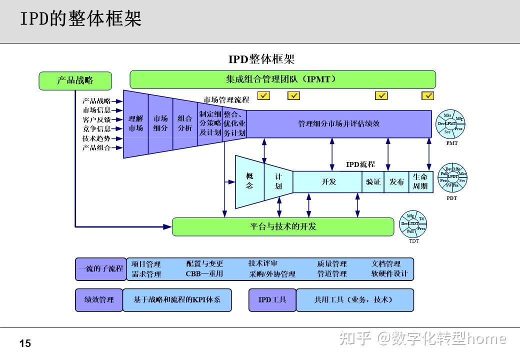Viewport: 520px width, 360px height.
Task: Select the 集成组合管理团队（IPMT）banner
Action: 282,79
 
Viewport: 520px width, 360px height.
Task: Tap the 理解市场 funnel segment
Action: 135,123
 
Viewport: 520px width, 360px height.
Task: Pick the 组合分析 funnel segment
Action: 184,123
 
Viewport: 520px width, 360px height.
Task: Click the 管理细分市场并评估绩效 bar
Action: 338,123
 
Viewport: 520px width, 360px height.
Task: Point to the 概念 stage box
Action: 249,181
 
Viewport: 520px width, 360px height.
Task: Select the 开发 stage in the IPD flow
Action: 328,182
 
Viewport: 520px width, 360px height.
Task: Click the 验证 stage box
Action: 373,182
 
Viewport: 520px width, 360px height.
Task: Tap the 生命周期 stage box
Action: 420,182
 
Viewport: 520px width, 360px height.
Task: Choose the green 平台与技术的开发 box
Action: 283,226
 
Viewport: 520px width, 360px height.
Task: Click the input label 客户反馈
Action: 96,119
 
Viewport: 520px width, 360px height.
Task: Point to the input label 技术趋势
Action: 96,138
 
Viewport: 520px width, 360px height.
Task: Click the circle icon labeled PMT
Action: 451,123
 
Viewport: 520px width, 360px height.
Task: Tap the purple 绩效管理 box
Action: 99,300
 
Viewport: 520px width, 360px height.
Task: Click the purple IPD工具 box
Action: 272,300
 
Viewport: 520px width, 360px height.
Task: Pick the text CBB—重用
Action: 204,274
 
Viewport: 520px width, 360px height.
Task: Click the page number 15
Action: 25,343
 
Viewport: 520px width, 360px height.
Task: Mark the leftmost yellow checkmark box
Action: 263,95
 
